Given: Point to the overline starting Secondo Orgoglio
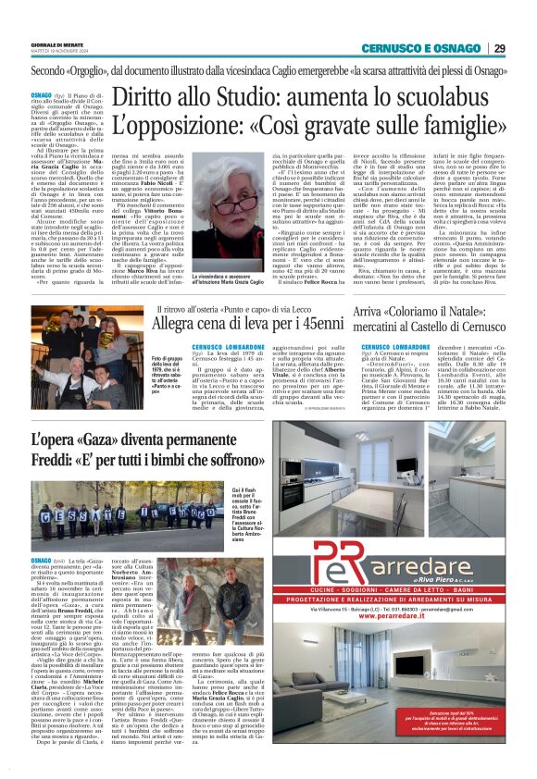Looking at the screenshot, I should (268, 70).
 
